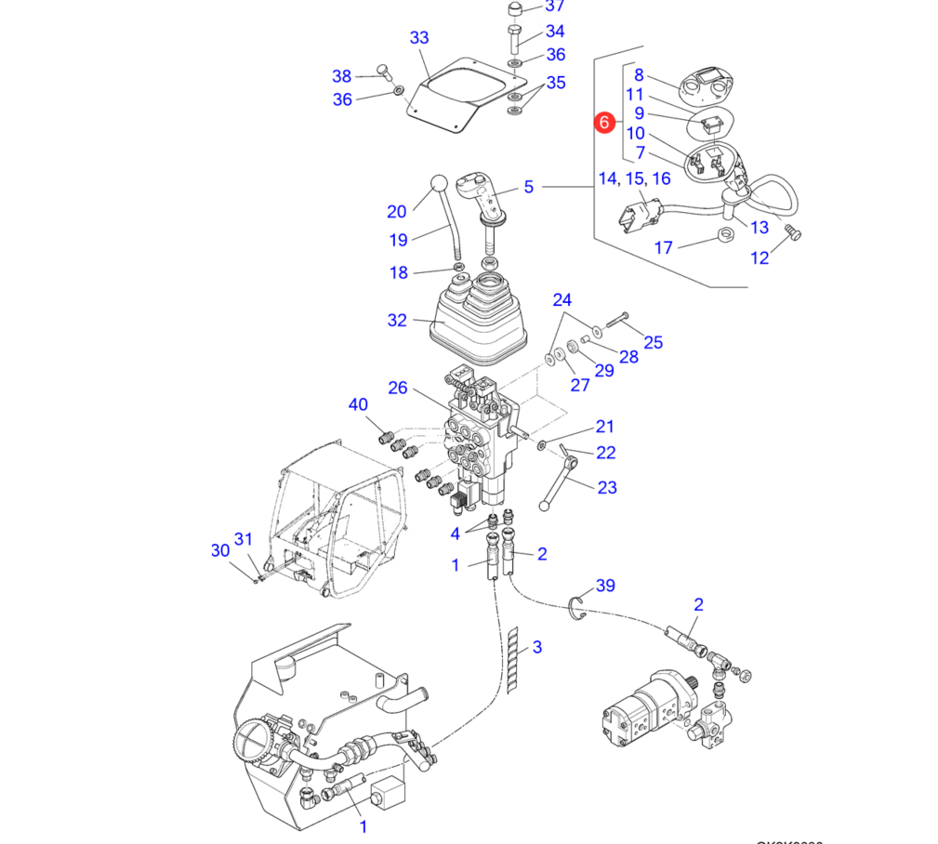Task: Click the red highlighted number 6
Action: click(x=604, y=122)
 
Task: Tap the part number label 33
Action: click(x=419, y=38)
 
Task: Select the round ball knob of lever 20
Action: click(x=439, y=183)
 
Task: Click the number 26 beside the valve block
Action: click(x=398, y=388)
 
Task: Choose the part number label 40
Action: click(x=358, y=404)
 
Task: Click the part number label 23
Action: click(x=607, y=487)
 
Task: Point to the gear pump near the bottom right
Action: click(x=643, y=707)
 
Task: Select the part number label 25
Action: click(x=654, y=343)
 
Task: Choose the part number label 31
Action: click(x=244, y=539)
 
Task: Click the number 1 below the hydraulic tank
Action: click(x=363, y=825)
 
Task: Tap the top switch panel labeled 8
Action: click(x=709, y=86)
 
